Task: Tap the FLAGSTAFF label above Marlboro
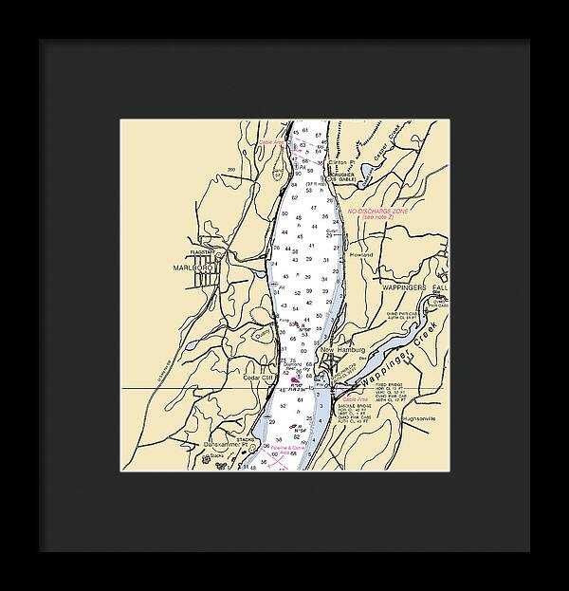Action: point(203,252)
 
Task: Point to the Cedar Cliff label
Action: point(258,378)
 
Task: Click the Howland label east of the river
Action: point(361,255)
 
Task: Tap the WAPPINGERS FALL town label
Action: point(414,286)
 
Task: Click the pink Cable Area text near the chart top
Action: point(272,142)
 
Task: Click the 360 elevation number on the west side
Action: point(230,170)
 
